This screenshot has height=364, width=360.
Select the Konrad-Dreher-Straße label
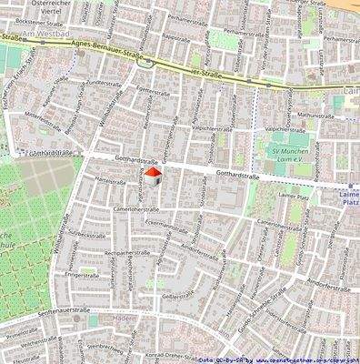pos(158,354)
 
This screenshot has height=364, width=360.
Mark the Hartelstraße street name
pos(109,180)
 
